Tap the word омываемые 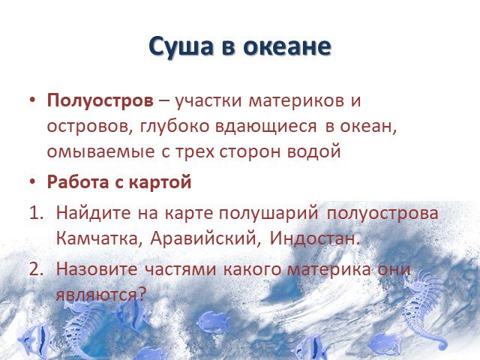click(x=100, y=152)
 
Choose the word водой click(x=313, y=151)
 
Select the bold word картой click(x=160, y=183)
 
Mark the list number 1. click(x=36, y=213)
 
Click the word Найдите click(x=93, y=213)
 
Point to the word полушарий click(x=268, y=214)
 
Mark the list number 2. click(x=36, y=269)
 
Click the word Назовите click(x=97, y=269)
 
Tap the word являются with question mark click(x=100, y=295)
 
